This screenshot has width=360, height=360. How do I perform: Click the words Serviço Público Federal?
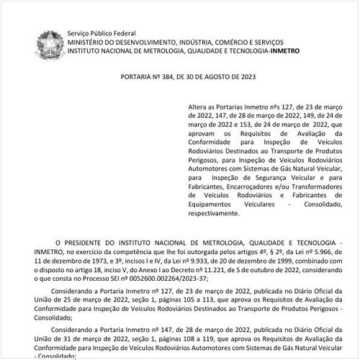[102, 34]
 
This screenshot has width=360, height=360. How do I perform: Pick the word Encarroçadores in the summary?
[243, 186]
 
